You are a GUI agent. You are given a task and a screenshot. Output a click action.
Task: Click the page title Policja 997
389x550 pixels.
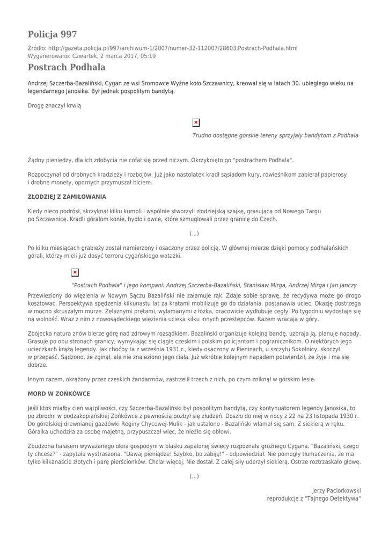(53, 34)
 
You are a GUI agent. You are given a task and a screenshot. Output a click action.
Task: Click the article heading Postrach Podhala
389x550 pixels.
(67, 67)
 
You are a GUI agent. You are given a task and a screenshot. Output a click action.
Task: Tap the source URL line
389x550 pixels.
(162, 48)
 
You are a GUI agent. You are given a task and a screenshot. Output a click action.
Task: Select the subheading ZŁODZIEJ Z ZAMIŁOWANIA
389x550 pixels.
(67, 197)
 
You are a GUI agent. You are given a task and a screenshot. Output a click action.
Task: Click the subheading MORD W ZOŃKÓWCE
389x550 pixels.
(58, 394)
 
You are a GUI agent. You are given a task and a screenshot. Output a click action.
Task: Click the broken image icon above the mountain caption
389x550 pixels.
(196, 122)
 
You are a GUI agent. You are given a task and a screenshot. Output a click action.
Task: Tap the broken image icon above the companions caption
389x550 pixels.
(75, 272)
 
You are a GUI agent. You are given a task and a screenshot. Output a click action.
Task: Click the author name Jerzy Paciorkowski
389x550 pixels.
(336, 490)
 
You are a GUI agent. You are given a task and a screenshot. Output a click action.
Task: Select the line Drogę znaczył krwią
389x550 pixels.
(54, 106)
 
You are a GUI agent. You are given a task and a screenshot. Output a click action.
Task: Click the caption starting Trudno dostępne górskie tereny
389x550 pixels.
(275, 135)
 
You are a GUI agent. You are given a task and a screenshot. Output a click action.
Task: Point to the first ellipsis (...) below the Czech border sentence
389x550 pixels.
(194, 234)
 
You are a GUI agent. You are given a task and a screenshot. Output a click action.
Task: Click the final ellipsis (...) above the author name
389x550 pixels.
(194, 476)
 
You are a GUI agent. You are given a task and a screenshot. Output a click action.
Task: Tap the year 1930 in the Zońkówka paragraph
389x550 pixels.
(347, 416)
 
